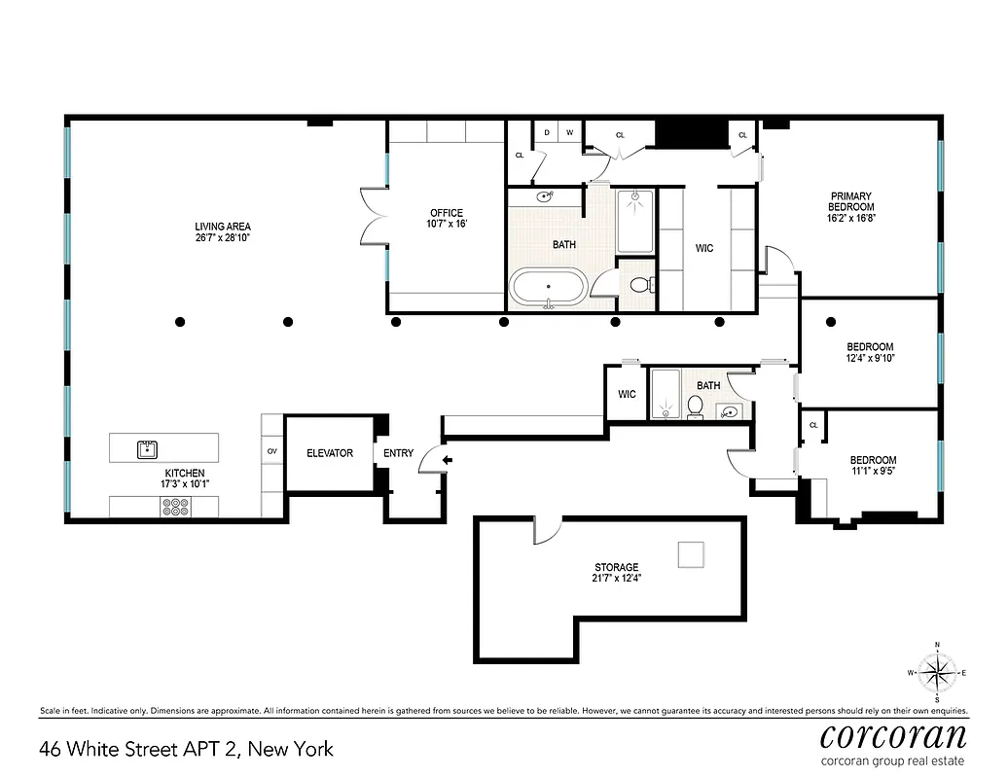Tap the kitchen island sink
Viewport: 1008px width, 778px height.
point(146,448)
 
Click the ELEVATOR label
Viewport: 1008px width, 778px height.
point(330,453)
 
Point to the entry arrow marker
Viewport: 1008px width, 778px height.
point(449,460)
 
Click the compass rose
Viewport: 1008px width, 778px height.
point(936,672)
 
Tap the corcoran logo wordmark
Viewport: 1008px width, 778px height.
point(892,734)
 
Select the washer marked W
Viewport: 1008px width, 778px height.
point(570,132)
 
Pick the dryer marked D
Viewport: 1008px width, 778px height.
point(547,132)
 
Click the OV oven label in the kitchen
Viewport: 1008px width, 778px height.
point(271,452)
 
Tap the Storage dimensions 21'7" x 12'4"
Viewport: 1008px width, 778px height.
point(617,578)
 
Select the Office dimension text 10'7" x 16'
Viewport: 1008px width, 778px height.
point(447,225)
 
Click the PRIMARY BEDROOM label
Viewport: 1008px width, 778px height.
point(850,201)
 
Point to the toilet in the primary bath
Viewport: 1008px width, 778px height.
point(639,286)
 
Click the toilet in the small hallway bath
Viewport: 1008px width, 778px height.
point(696,407)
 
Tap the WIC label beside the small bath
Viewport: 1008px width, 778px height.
point(627,394)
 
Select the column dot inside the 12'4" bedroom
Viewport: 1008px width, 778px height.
point(830,321)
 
